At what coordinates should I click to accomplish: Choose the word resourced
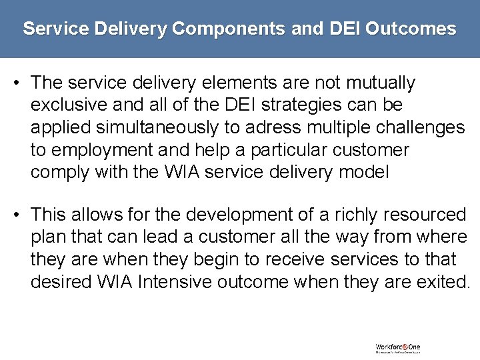point(428,215)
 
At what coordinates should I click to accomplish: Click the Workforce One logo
point(398,348)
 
